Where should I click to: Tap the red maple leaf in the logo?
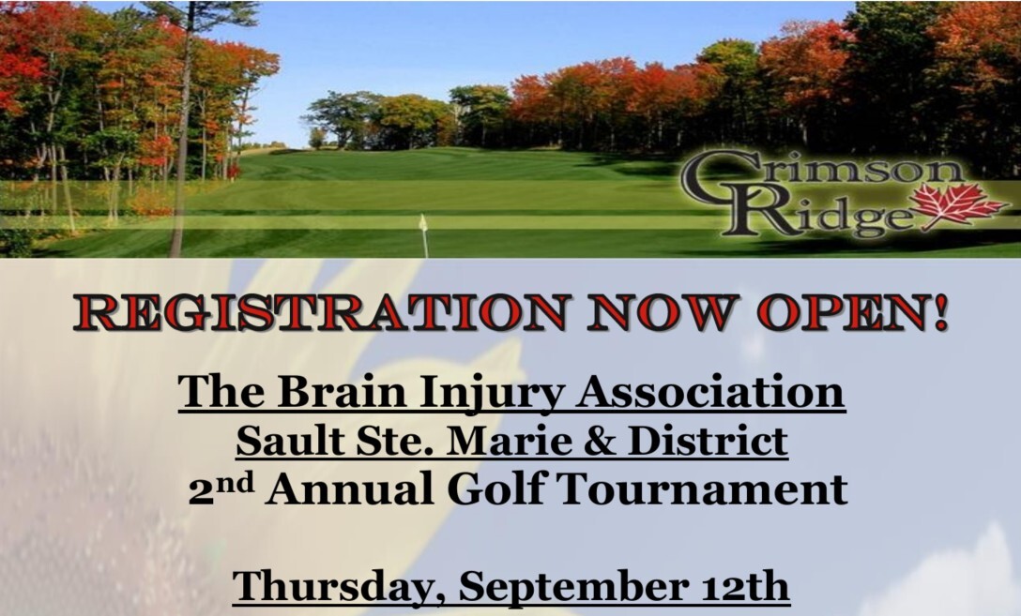(x=956, y=204)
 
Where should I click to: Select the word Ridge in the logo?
(x=819, y=211)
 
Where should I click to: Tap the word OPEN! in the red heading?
(x=852, y=313)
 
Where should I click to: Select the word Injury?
(x=491, y=395)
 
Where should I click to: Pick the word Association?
(x=709, y=392)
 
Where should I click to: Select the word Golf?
(x=496, y=488)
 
